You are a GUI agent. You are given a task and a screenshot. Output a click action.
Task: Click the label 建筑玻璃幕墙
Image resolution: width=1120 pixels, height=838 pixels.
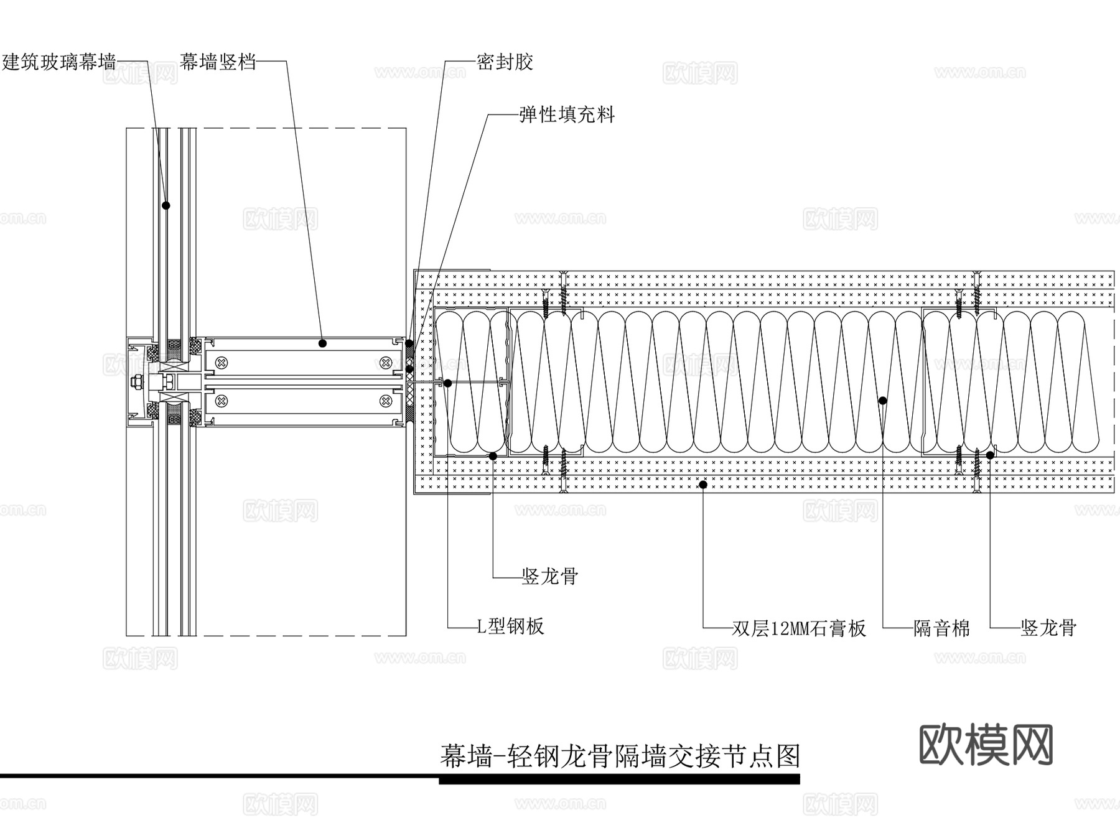coord(59,62)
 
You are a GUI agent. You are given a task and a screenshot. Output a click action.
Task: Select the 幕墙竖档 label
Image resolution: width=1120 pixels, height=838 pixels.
coord(218,62)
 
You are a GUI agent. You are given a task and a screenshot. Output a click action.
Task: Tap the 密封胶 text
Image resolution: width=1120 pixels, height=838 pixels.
coord(505,62)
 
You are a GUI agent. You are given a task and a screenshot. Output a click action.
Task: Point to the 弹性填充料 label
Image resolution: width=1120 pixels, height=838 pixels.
coord(567,115)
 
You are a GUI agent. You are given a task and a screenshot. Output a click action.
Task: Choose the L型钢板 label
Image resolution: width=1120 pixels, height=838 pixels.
coord(510,626)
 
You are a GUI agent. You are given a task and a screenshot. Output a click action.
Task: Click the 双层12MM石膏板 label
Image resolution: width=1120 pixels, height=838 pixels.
coord(798,628)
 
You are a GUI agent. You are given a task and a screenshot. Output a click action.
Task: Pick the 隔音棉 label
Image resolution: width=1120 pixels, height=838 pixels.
coord(941,628)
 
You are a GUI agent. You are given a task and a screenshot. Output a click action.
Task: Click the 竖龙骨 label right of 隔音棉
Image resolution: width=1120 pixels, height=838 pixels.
coord(1048,628)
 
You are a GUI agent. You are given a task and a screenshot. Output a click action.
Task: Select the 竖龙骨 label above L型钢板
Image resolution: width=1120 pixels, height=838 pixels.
coord(550,577)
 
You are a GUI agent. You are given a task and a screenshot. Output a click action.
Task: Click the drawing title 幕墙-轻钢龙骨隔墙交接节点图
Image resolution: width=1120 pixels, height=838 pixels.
coord(620,757)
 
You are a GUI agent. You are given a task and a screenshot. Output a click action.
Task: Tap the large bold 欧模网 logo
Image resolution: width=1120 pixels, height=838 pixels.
coord(986,745)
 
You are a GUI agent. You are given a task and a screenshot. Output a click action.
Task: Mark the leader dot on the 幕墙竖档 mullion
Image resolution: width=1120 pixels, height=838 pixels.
coord(322,343)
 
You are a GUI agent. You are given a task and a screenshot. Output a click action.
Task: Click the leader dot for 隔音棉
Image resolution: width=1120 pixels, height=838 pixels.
coord(882,401)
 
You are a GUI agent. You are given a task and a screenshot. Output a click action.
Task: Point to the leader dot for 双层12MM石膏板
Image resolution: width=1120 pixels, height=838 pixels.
coord(703,484)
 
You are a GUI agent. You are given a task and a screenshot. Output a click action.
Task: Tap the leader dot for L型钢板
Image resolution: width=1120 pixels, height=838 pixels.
coord(447,383)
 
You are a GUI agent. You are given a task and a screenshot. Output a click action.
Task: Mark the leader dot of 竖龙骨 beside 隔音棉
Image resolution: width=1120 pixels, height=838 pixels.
coord(989,455)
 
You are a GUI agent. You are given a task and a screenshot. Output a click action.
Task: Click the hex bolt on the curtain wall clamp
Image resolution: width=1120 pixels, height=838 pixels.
coord(138,382)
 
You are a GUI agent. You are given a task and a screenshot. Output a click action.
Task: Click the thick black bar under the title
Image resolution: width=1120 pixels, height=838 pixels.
coord(618,779)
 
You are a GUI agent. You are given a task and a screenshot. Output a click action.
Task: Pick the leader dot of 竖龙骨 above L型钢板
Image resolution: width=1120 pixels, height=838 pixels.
coord(493,456)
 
